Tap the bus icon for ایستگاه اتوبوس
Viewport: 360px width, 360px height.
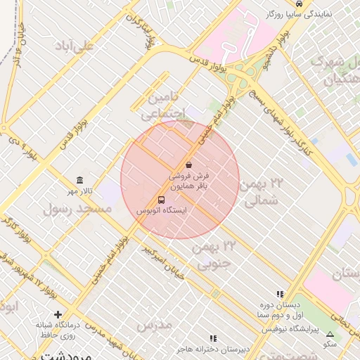pyautogui.click(x=162, y=200)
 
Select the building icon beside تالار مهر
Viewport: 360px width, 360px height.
pyautogui.click(x=79, y=181)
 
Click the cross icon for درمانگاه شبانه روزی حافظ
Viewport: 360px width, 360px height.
pyautogui.click(x=58, y=314)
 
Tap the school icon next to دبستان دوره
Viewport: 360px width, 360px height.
pyautogui.click(x=280, y=295)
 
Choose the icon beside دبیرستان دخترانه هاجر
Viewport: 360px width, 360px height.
pyautogui.click(x=213, y=338)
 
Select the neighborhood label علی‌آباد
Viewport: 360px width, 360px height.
pyautogui.click(x=77, y=46)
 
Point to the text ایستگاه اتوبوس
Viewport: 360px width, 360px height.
pyautogui.click(x=162, y=210)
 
